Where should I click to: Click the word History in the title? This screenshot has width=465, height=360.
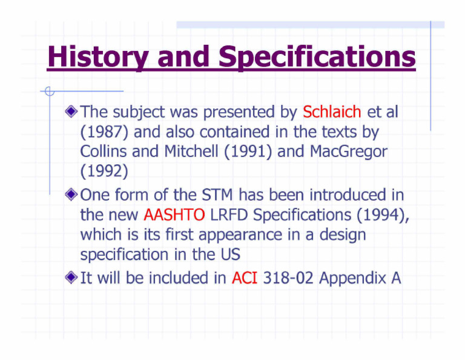98,57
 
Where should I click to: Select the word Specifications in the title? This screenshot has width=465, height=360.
317,57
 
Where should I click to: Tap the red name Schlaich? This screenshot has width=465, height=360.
332,112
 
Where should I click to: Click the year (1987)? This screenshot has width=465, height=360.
104,132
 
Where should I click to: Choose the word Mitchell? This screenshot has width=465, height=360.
191,151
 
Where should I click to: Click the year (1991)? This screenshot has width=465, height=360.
248,152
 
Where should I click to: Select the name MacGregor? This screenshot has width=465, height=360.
349,152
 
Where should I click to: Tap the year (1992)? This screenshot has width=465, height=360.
104,172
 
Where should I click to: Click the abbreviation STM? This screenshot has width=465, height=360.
217,195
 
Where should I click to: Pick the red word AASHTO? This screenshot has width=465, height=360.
174,215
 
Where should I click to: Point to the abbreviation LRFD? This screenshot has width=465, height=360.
229,215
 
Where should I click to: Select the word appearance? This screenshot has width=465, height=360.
240,235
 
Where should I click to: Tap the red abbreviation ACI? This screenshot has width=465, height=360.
245,278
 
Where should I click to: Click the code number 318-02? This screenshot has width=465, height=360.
288,278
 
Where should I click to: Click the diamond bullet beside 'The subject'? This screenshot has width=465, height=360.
71,112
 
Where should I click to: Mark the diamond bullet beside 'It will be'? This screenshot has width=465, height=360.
71,278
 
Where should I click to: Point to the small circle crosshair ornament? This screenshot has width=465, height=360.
50,91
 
